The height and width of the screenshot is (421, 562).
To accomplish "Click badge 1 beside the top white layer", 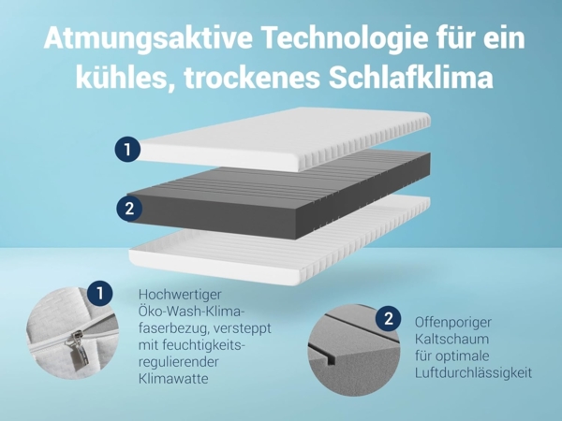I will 127,149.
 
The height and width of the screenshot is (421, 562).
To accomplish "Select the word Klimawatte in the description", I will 173,380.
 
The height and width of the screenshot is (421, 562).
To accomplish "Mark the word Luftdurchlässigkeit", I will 473,373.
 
